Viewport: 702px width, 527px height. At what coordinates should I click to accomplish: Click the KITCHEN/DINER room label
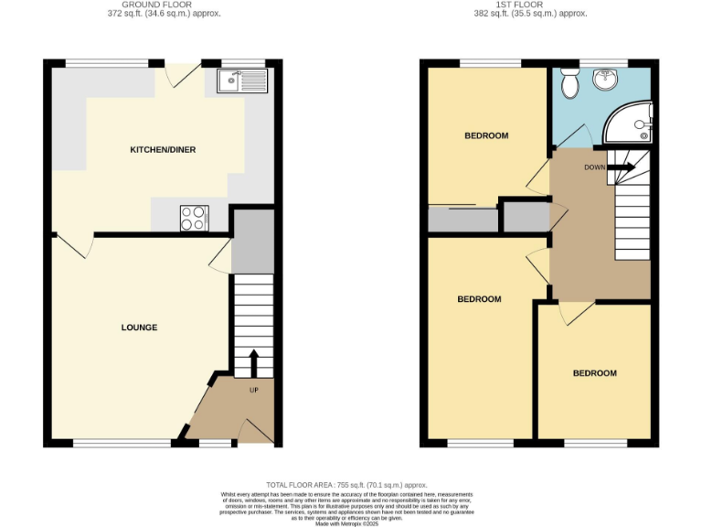point(163,149)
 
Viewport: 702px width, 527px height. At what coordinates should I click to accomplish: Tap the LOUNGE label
point(139,328)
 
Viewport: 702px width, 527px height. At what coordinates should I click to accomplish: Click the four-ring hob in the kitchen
point(194,219)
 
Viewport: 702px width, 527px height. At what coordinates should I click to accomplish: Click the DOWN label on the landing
point(594,167)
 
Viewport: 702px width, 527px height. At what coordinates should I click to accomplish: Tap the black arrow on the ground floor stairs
point(253,358)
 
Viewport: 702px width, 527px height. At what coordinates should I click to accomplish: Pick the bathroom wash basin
point(604,81)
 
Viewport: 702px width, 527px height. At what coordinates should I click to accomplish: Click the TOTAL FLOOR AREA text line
point(346,485)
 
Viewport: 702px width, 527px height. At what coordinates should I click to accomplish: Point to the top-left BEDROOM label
point(485,135)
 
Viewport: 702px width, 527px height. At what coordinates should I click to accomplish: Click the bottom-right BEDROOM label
point(594,373)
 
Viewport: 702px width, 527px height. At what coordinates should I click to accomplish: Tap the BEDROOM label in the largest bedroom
point(478,299)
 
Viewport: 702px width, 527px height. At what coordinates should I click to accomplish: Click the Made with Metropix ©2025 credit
point(346,522)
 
